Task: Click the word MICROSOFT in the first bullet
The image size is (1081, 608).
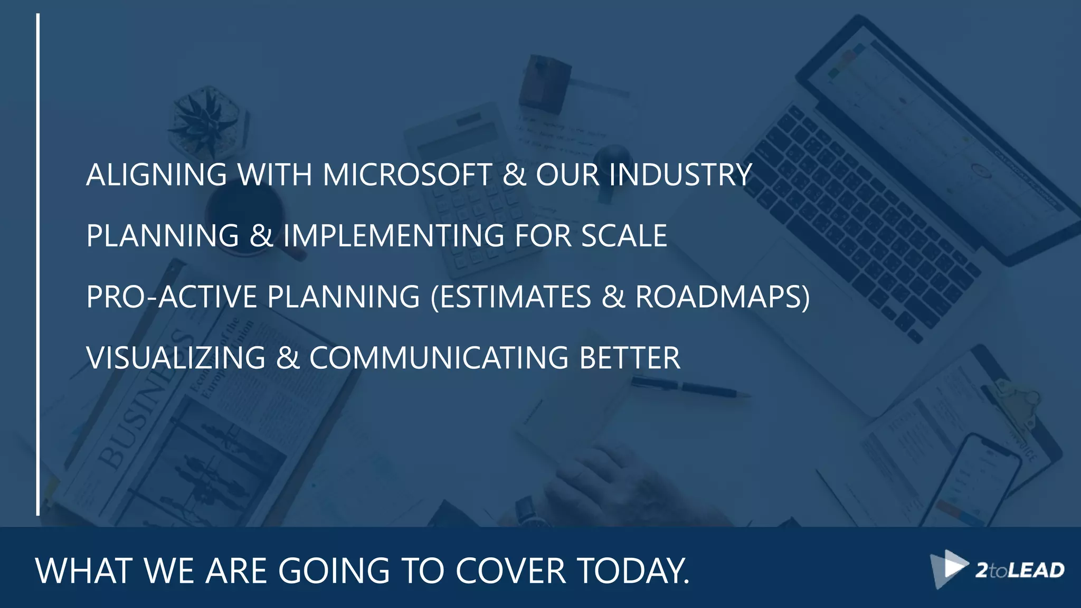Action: [x=407, y=175]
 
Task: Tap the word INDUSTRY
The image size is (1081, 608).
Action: [x=680, y=175]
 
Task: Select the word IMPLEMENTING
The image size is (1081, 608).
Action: [x=393, y=235]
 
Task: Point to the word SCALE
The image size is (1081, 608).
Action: [x=624, y=235]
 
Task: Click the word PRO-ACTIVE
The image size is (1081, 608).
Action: [x=172, y=297]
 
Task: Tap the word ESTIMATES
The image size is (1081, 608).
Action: [x=515, y=297]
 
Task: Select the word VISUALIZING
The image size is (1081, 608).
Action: [x=176, y=358]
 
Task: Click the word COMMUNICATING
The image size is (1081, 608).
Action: [x=439, y=358]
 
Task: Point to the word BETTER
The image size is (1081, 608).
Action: [x=630, y=358]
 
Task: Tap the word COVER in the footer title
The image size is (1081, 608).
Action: [x=510, y=571]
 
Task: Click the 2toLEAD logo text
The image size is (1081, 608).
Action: [x=1019, y=571]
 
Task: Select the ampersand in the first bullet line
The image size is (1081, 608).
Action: [x=514, y=175]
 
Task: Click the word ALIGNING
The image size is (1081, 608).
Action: [x=156, y=175]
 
